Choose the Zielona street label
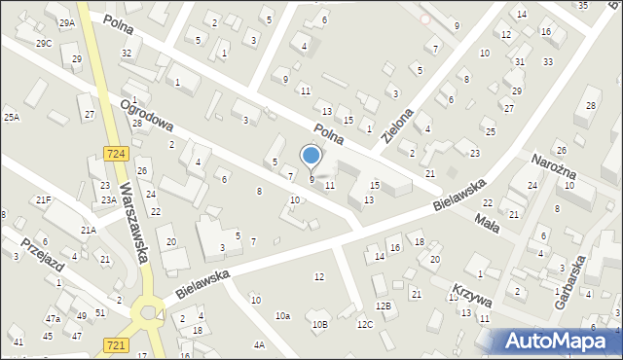pos(400,124)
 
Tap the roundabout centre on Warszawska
pos(148,313)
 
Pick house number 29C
pos(44,43)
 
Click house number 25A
pos(11,117)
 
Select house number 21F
pos(43,199)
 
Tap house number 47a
pos(53,318)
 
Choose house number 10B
pos(320,324)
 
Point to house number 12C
pos(364,324)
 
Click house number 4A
pos(259,344)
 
